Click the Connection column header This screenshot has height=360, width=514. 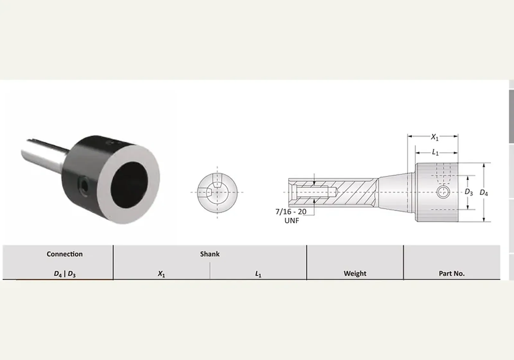(x=65, y=254)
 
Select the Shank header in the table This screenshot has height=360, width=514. (x=210, y=254)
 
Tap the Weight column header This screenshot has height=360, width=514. (x=355, y=273)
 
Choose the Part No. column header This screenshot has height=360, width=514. (x=452, y=273)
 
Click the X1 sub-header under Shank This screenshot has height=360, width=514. (x=161, y=274)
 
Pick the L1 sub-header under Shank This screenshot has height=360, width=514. (x=258, y=274)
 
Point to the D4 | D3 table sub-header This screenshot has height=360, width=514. (x=65, y=274)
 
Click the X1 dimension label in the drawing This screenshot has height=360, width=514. (x=434, y=137)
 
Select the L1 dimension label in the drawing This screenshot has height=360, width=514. (x=435, y=152)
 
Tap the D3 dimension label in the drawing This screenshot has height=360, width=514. (x=469, y=192)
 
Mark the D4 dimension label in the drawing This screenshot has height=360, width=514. (x=484, y=193)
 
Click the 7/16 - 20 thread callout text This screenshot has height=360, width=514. (x=291, y=212)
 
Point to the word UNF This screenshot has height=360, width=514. (x=292, y=221)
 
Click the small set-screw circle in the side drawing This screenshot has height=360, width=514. (x=443, y=192)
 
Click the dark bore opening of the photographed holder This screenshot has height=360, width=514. (x=129, y=185)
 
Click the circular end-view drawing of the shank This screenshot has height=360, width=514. (x=217, y=193)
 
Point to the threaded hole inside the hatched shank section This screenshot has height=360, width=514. (x=315, y=192)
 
